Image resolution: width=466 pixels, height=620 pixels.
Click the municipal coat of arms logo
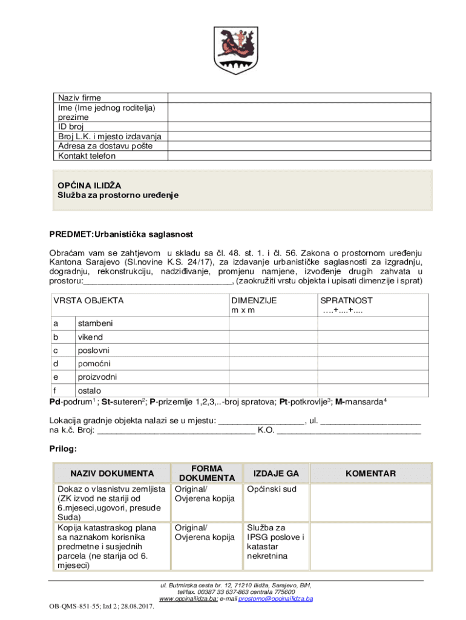pyautogui.click(x=233, y=49)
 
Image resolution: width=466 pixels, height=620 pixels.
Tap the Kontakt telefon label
pyautogui.click(x=87, y=156)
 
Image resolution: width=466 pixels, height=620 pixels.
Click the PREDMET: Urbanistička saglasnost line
pyautogui.click(x=121, y=234)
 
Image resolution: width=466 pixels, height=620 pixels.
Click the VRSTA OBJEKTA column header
pyautogui.click(x=88, y=300)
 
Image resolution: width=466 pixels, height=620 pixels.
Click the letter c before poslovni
pyautogui.click(x=56, y=350)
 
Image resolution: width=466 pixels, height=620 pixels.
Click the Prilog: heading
pyautogui.click(x=62, y=449)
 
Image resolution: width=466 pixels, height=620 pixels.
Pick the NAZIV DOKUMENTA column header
pyautogui.click(x=112, y=473)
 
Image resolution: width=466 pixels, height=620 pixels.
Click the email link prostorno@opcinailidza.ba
pyautogui.click(x=275, y=599)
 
